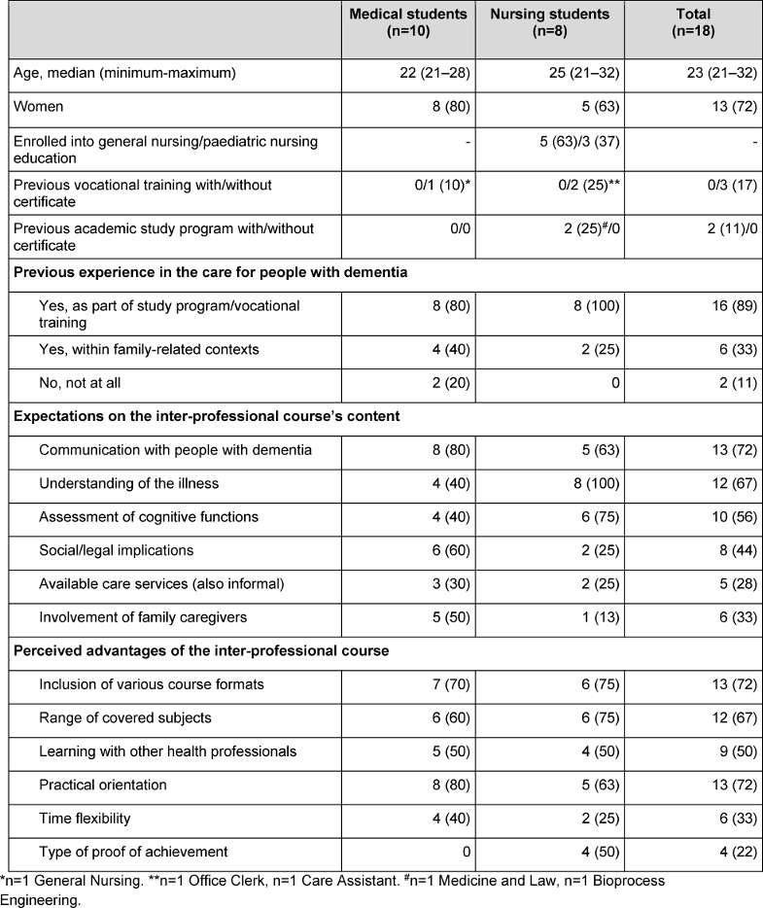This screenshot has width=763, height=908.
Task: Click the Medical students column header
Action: [408, 22]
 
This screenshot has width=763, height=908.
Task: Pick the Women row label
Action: [38, 106]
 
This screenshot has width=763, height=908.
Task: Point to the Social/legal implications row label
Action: [117, 550]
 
